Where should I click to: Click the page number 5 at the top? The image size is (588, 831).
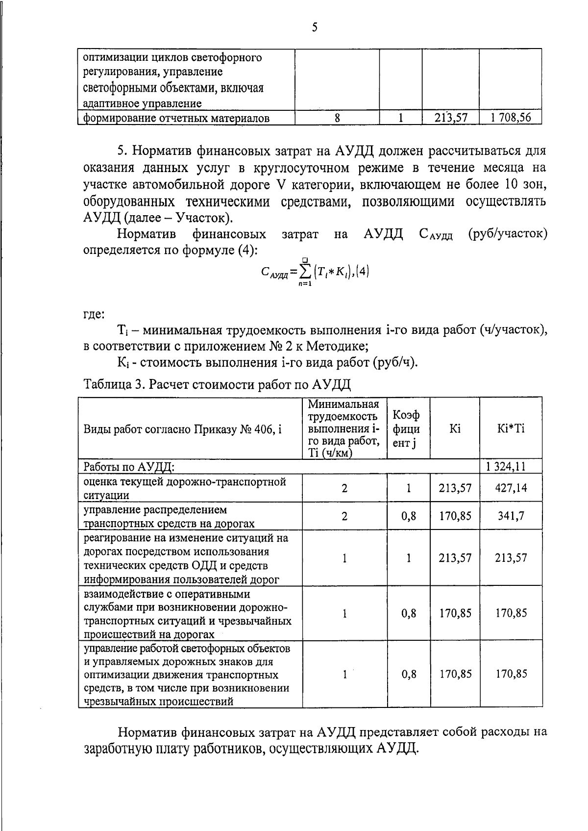point(314,27)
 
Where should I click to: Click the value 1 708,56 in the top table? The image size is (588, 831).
point(511,118)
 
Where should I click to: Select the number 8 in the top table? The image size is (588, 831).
point(337,118)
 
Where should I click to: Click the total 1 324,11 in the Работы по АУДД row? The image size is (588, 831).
point(511,466)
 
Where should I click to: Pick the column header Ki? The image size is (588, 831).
point(455,428)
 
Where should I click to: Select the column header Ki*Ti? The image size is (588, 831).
point(511,428)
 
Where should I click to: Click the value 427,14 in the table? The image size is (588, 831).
point(511,488)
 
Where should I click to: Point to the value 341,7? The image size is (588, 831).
point(511,516)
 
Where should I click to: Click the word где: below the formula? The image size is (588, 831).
point(94,314)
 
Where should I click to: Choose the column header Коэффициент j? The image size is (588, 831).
point(406,428)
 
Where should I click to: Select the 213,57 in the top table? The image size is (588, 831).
point(450,118)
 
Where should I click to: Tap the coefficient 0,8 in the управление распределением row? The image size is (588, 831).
point(409,516)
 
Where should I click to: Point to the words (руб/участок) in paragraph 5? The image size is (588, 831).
point(508,234)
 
